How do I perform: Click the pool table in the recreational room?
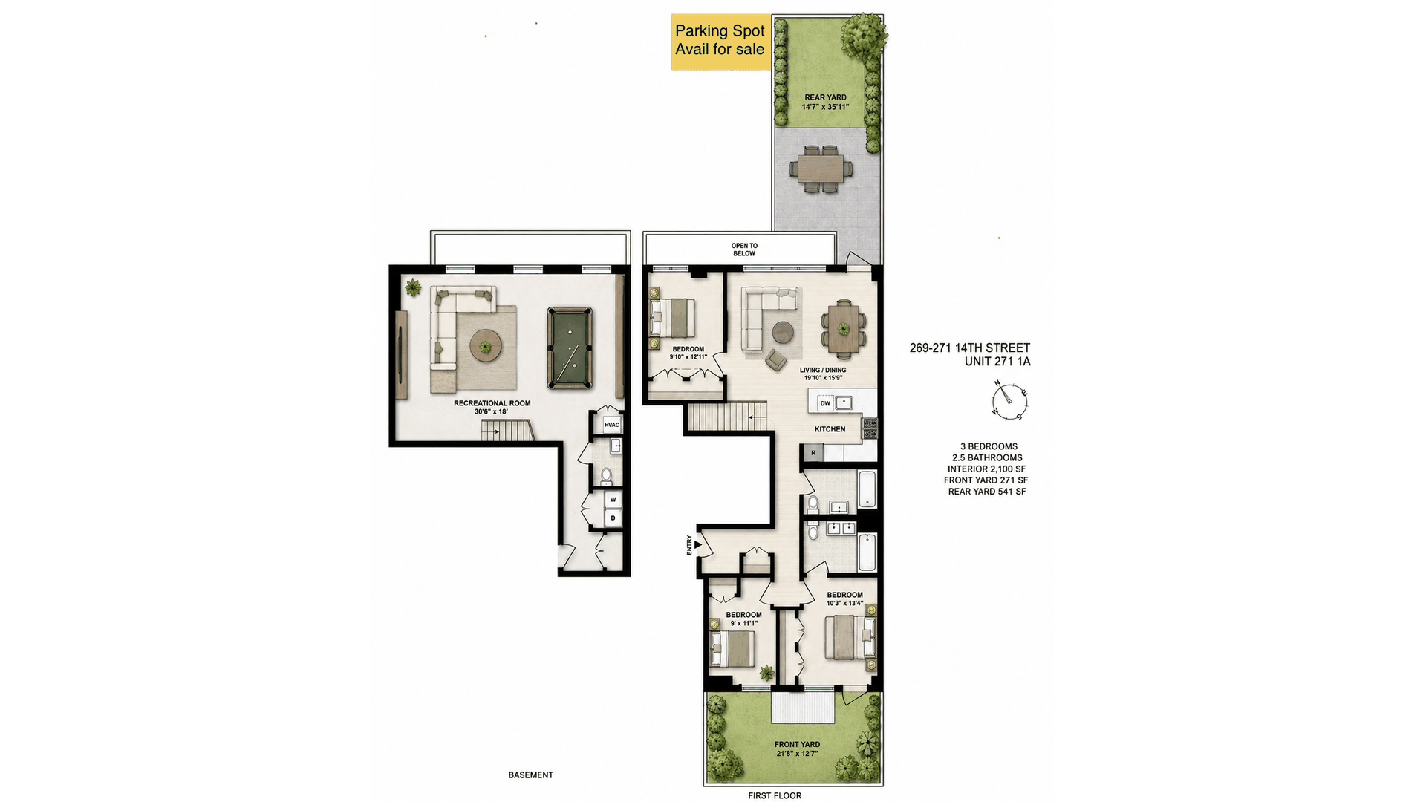click(x=570, y=348)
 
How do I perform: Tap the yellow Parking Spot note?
click(x=720, y=42)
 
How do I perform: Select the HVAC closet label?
click(x=611, y=425)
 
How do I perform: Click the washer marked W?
click(x=613, y=500)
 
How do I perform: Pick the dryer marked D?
click(x=613, y=518)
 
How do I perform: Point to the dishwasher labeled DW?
click(x=825, y=403)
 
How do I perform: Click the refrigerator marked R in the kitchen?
click(x=813, y=453)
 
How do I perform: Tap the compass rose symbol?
click(x=1009, y=400)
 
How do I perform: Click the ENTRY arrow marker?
click(x=697, y=545)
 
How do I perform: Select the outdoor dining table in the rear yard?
click(x=821, y=169)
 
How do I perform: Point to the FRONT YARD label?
click(x=797, y=744)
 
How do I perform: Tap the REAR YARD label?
click(x=825, y=97)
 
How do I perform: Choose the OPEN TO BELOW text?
click(x=744, y=250)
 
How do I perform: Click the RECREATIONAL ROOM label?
click(x=492, y=403)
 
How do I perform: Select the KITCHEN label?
click(x=830, y=429)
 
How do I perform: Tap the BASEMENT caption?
click(x=531, y=775)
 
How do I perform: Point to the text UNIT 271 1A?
click(x=997, y=362)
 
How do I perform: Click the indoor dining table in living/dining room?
click(x=843, y=329)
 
